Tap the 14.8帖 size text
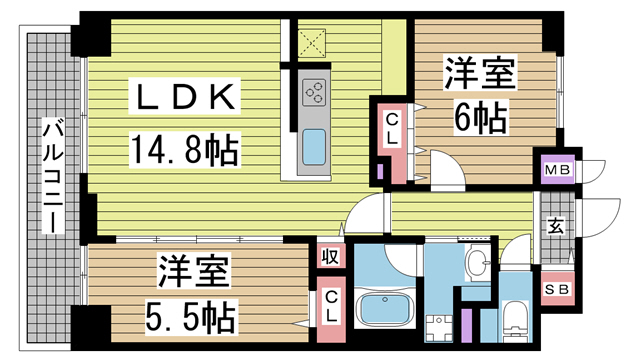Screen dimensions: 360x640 point(183,150)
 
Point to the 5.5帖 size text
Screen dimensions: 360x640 point(193,317)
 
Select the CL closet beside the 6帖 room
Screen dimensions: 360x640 point(393,130)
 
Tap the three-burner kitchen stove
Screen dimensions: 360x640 point(314,93)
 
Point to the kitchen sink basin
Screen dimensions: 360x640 point(314,147)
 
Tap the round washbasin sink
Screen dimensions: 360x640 point(478,264)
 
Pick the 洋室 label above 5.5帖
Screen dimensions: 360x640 point(193,272)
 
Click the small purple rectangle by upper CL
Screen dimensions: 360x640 point(381,169)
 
